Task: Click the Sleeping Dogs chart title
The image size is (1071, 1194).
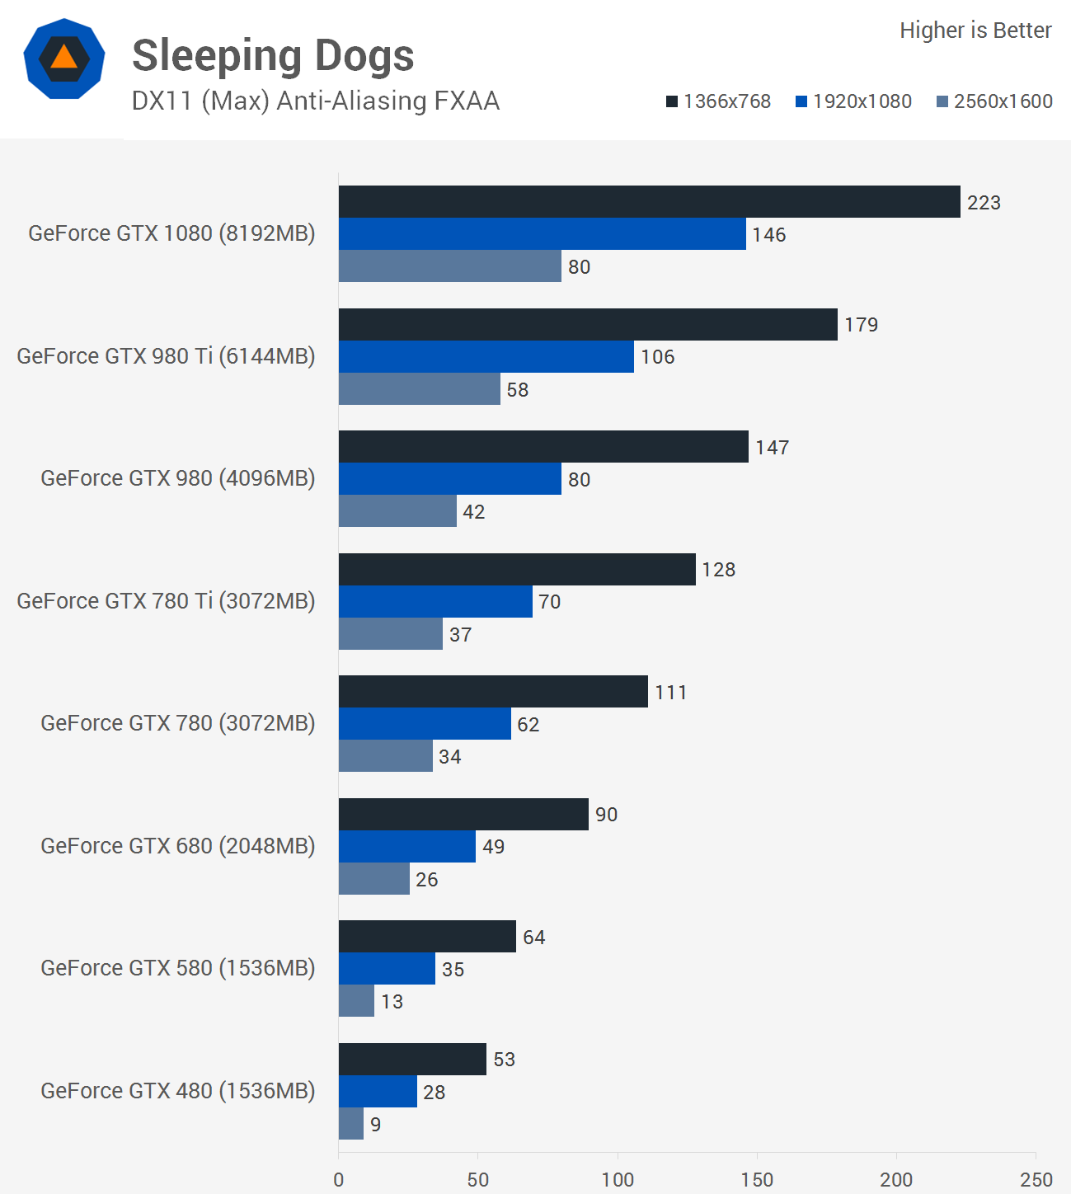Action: (x=273, y=56)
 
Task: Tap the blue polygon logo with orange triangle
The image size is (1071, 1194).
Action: (x=64, y=59)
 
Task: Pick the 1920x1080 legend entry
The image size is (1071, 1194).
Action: (x=853, y=101)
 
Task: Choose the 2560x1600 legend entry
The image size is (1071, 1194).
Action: (x=994, y=101)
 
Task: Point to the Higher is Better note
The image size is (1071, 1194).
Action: (x=975, y=31)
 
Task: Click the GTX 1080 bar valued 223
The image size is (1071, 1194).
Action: (x=649, y=202)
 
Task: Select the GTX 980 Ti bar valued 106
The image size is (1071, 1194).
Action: (x=486, y=356)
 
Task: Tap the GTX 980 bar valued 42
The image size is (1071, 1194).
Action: (x=397, y=511)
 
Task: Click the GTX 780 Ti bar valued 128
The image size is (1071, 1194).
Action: (x=517, y=570)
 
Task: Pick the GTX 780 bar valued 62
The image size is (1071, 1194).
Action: (x=425, y=724)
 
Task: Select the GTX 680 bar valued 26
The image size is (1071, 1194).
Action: (x=374, y=879)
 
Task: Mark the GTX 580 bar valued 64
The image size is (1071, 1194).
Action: (x=427, y=937)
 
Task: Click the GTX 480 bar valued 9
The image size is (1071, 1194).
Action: (x=351, y=1124)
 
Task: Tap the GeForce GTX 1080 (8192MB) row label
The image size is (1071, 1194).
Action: (x=171, y=233)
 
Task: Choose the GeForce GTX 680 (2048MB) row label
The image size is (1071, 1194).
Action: (x=177, y=846)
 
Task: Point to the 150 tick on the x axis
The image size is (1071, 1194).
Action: (x=757, y=1179)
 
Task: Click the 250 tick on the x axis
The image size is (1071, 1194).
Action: (x=1036, y=1179)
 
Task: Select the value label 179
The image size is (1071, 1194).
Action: (x=861, y=325)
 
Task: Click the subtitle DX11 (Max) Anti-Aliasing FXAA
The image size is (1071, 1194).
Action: (x=316, y=101)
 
